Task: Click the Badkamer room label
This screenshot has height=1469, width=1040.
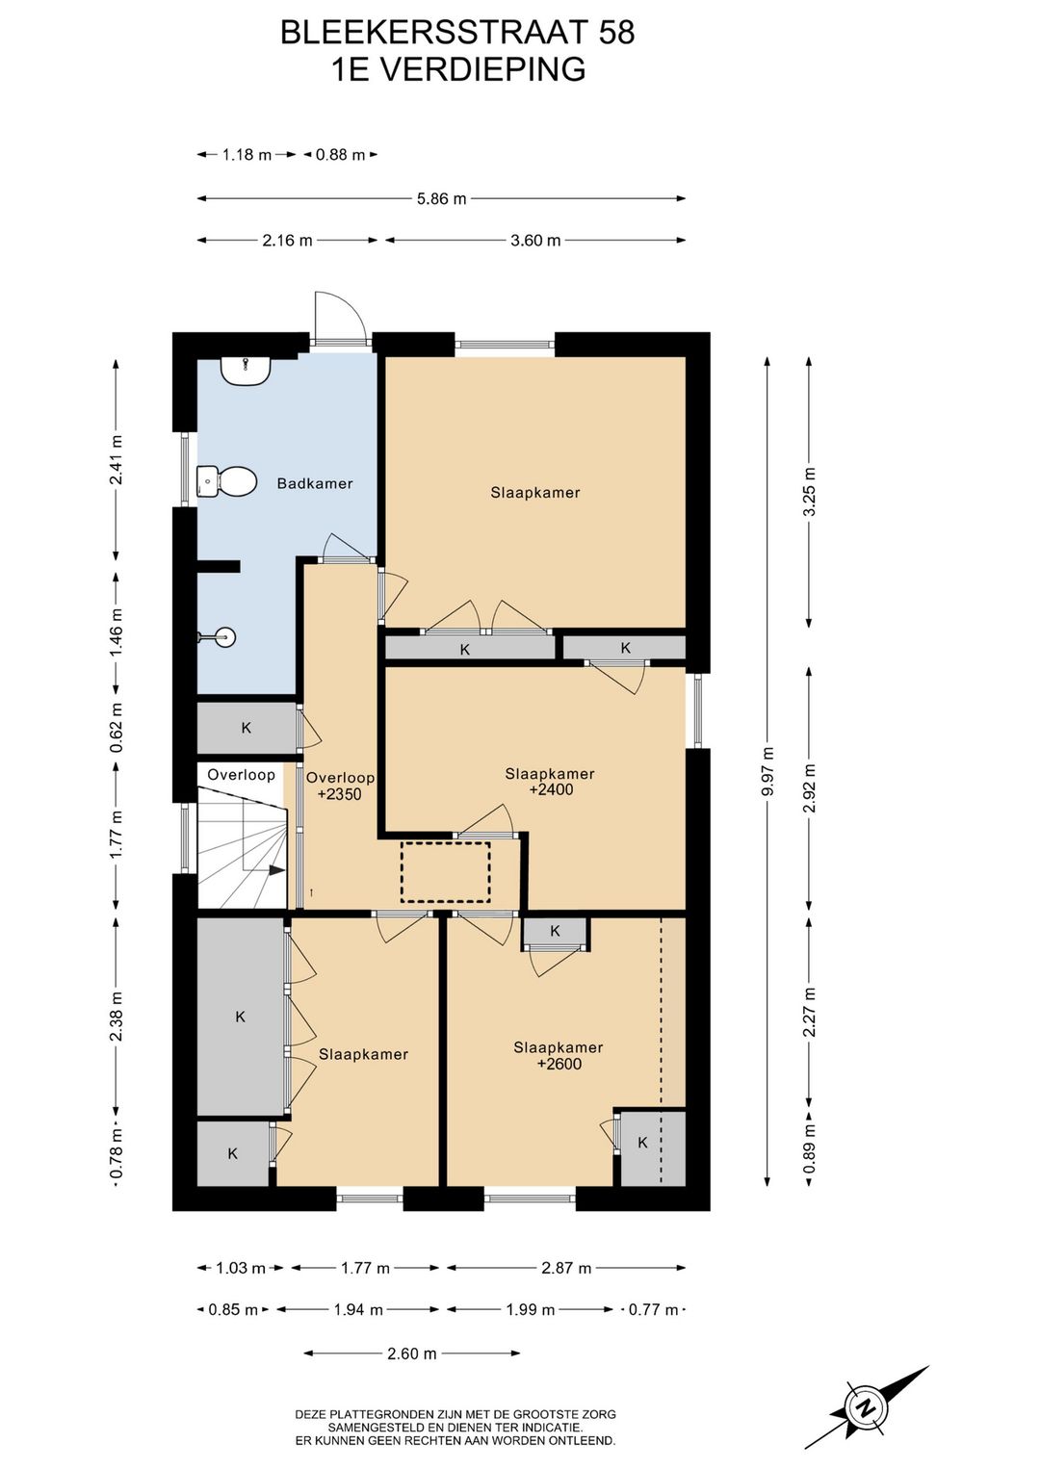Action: [314, 484]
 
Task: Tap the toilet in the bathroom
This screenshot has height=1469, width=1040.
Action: [226, 482]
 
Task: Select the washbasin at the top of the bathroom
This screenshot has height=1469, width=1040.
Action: [246, 372]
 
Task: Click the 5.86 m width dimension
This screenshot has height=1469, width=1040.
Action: [442, 198]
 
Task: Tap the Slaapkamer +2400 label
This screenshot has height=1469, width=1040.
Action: [550, 782]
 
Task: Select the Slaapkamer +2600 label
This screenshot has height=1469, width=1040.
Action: [559, 1056]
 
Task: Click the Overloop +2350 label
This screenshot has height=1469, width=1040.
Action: [340, 786]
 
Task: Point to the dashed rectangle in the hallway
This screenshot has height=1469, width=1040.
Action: [446, 872]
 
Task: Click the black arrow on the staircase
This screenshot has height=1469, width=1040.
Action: [276, 869]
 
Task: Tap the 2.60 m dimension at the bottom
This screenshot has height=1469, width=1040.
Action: [411, 1353]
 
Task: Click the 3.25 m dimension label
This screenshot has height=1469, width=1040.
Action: [810, 492]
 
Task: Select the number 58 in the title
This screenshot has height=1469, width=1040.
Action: [616, 33]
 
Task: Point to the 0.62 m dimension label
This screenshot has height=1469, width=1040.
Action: [117, 728]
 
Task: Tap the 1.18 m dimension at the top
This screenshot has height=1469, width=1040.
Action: [247, 155]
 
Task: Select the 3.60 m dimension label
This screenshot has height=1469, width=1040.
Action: [535, 240]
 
